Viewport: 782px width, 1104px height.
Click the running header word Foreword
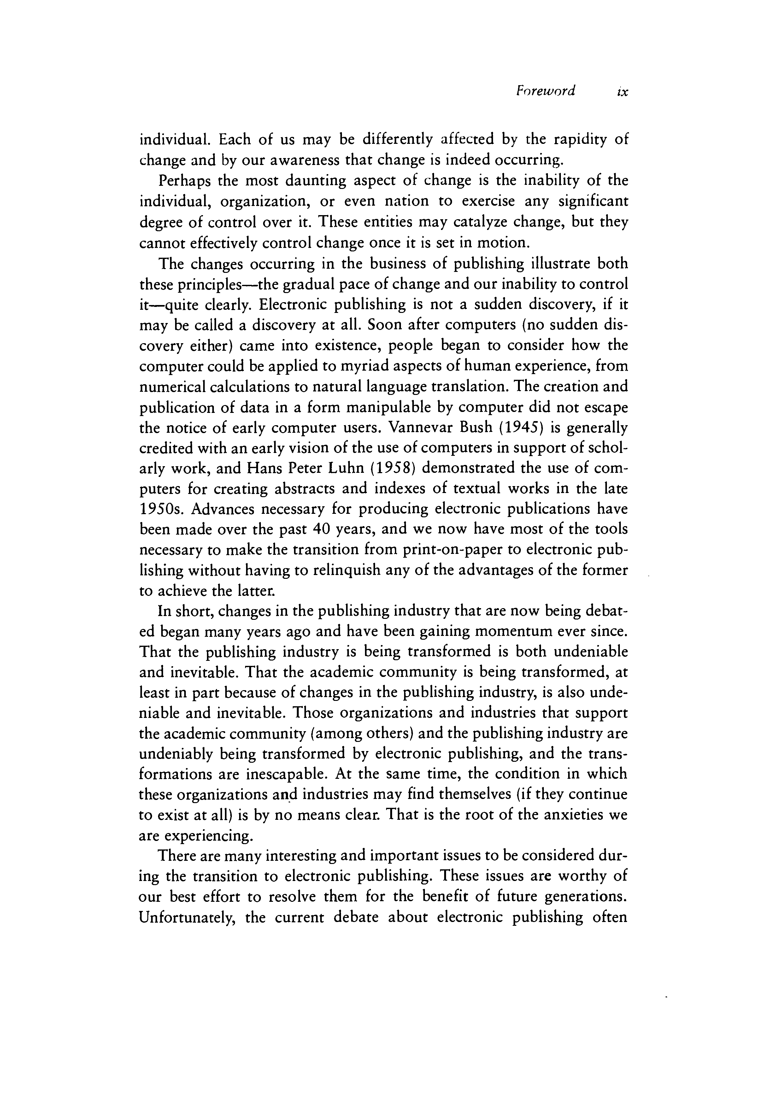[x=545, y=91]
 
